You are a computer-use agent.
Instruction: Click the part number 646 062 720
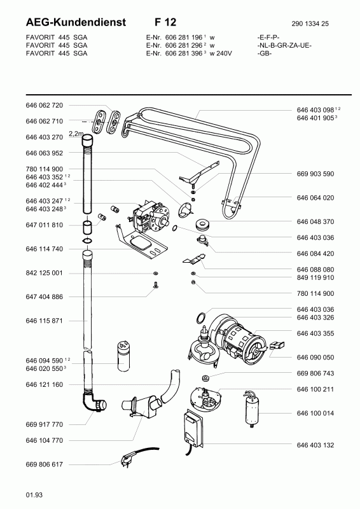(x=44, y=105)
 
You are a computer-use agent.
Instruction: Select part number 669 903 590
(x=315, y=174)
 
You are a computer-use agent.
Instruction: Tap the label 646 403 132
(x=315, y=445)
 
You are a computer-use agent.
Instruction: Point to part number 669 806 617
(x=44, y=464)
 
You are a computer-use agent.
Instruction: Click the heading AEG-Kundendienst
(x=76, y=22)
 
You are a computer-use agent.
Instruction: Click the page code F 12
(x=165, y=22)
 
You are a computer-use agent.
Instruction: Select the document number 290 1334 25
(x=310, y=24)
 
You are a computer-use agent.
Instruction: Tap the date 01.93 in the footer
(x=34, y=495)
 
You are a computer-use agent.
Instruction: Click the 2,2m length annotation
(x=76, y=134)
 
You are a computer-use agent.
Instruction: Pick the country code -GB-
(x=264, y=53)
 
